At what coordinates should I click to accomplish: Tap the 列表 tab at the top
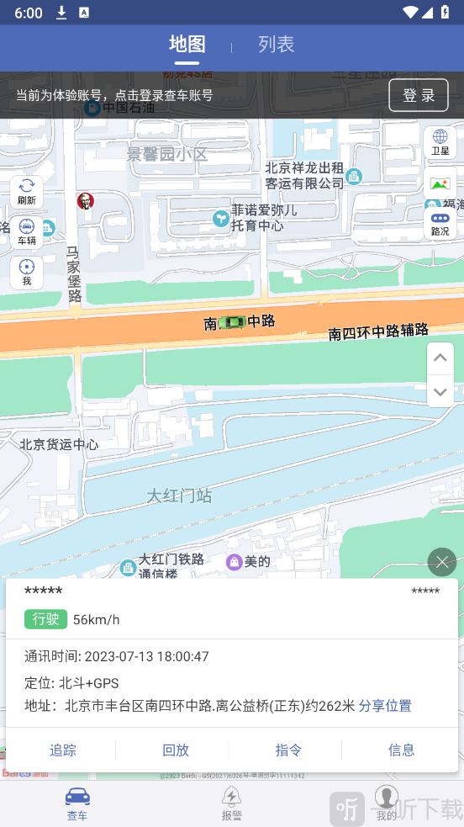click(x=276, y=45)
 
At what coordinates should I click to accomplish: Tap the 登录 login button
click(x=418, y=95)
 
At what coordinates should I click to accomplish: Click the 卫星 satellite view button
click(x=440, y=142)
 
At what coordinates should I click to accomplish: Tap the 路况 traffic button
click(x=440, y=223)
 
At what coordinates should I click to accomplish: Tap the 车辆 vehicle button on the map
click(x=27, y=232)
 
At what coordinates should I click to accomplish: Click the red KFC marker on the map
click(x=85, y=200)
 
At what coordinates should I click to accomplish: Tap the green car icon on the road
click(x=231, y=321)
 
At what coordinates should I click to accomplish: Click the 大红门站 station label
click(x=179, y=496)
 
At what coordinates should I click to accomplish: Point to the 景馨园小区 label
click(x=166, y=155)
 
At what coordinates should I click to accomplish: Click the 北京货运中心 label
click(x=59, y=444)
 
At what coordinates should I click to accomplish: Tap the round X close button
click(x=441, y=561)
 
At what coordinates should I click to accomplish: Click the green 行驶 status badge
click(x=45, y=619)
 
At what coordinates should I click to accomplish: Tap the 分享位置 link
click(x=385, y=706)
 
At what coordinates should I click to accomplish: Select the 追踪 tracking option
click(x=63, y=750)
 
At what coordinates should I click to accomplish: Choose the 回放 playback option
click(x=176, y=750)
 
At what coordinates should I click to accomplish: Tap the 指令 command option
click(x=288, y=750)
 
